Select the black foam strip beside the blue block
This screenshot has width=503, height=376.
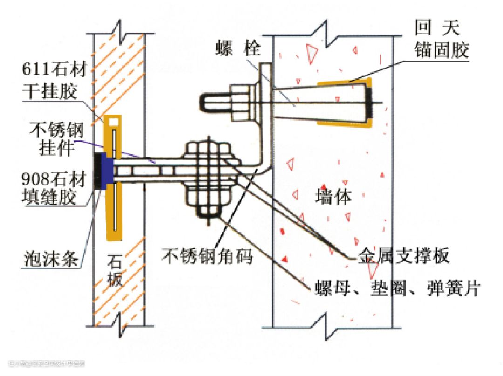click(x=99, y=171)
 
